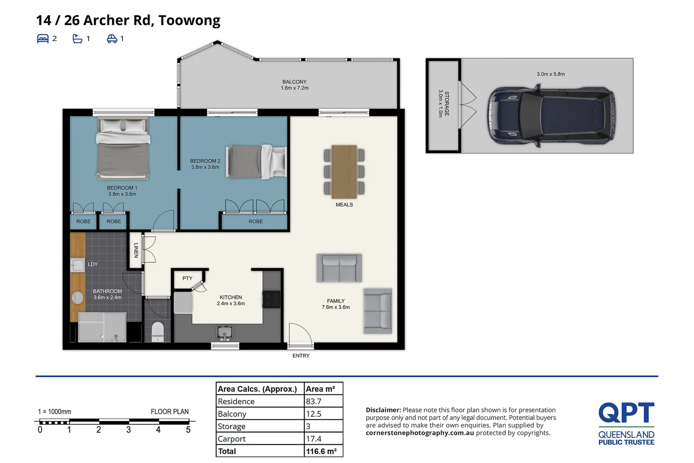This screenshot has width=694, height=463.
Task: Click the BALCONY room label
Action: pos(294,82)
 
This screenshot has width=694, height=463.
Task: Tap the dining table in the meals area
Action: pos(344,171)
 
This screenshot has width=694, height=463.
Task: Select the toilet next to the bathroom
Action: pos(158,331)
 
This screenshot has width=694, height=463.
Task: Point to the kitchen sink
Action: pos(224,333)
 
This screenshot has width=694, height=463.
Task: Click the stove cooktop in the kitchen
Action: pos(272,299)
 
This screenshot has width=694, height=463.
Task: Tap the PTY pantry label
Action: pos(187,278)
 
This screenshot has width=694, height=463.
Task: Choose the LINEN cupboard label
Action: pos(136,250)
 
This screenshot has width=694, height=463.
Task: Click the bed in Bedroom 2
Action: pos(256,162)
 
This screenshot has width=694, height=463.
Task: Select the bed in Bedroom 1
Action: pos(123,148)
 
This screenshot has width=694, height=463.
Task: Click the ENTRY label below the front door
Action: pos(301,355)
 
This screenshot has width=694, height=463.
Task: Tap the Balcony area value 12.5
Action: pos(313,414)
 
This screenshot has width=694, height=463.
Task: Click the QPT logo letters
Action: pos(626,412)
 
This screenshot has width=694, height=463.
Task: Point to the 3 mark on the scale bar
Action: pos(129,430)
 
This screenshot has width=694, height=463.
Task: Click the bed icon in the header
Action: pos(43,39)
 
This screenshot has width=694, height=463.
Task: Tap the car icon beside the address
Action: pos(112,39)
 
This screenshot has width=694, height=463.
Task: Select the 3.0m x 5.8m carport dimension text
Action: pos(550,74)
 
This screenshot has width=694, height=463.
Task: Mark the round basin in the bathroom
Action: pos(77,298)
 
